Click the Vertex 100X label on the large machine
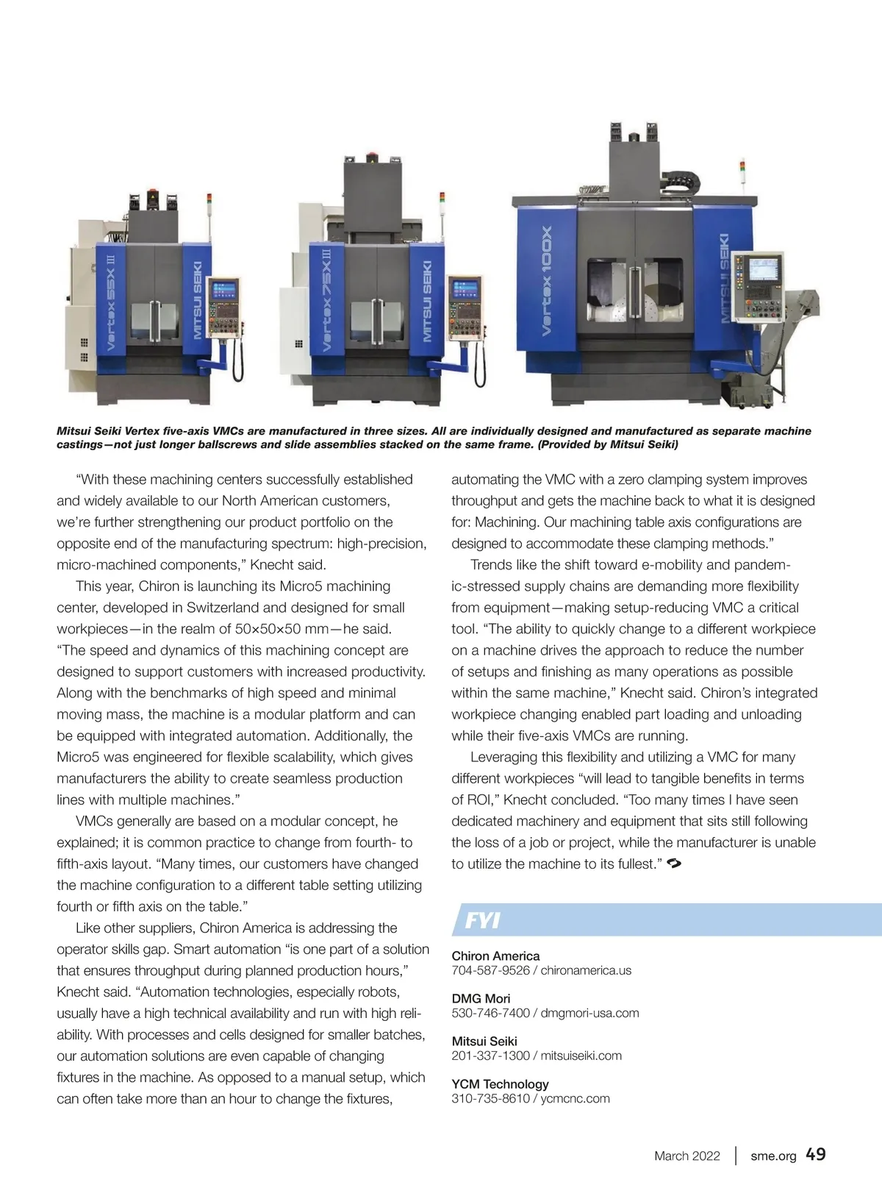click(x=547, y=281)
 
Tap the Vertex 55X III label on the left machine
click(x=111, y=302)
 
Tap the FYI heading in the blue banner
click(x=483, y=920)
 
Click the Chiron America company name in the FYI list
click(x=495, y=955)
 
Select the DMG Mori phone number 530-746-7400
click(x=490, y=1013)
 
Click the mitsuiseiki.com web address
click(x=581, y=1056)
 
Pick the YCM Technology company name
click(x=500, y=1083)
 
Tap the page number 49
click(x=815, y=1154)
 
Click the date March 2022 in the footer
click(x=686, y=1156)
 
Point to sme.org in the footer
click(x=773, y=1156)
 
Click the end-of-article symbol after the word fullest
click(x=674, y=864)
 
